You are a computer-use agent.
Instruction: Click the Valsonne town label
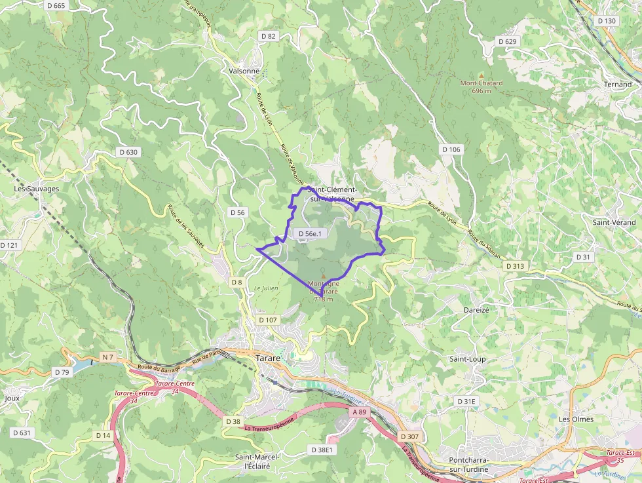point(244,71)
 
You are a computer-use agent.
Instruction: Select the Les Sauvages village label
point(37,189)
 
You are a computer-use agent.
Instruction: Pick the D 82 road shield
point(268,37)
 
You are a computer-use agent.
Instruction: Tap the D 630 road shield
point(129,152)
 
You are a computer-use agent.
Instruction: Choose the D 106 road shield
point(451,149)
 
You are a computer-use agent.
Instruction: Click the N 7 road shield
point(108,357)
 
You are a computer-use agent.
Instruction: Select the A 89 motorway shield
point(360,412)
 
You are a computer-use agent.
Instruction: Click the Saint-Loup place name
point(467,359)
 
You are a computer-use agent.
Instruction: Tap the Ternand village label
point(618,85)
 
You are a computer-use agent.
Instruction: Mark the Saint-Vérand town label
point(614,222)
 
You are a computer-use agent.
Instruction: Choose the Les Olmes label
point(576,419)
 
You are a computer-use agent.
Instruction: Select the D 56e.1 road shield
point(311,233)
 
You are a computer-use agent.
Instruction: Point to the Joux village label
point(12,398)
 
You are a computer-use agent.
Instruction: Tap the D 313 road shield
point(515,266)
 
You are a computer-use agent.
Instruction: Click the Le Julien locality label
point(266,288)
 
